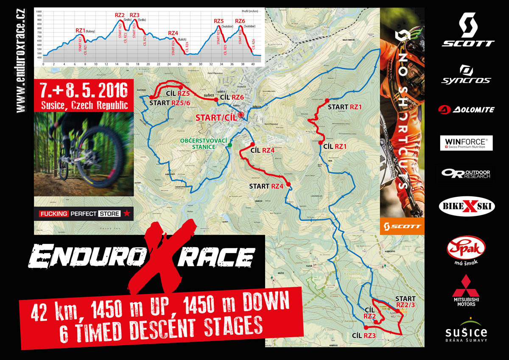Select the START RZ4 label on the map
(x=266, y=186)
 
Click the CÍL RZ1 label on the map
(x=335, y=146)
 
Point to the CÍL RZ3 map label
(x=364, y=336)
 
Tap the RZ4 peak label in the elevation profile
(x=173, y=33)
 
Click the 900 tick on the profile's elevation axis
(x=39, y=20)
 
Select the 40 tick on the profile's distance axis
(x=253, y=64)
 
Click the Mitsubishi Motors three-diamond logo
(x=465, y=285)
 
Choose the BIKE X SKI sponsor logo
(x=465, y=208)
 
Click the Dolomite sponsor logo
(x=466, y=109)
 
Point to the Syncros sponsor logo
(x=466, y=75)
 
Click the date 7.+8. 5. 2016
(x=84, y=90)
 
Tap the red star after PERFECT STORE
(x=127, y=214)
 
